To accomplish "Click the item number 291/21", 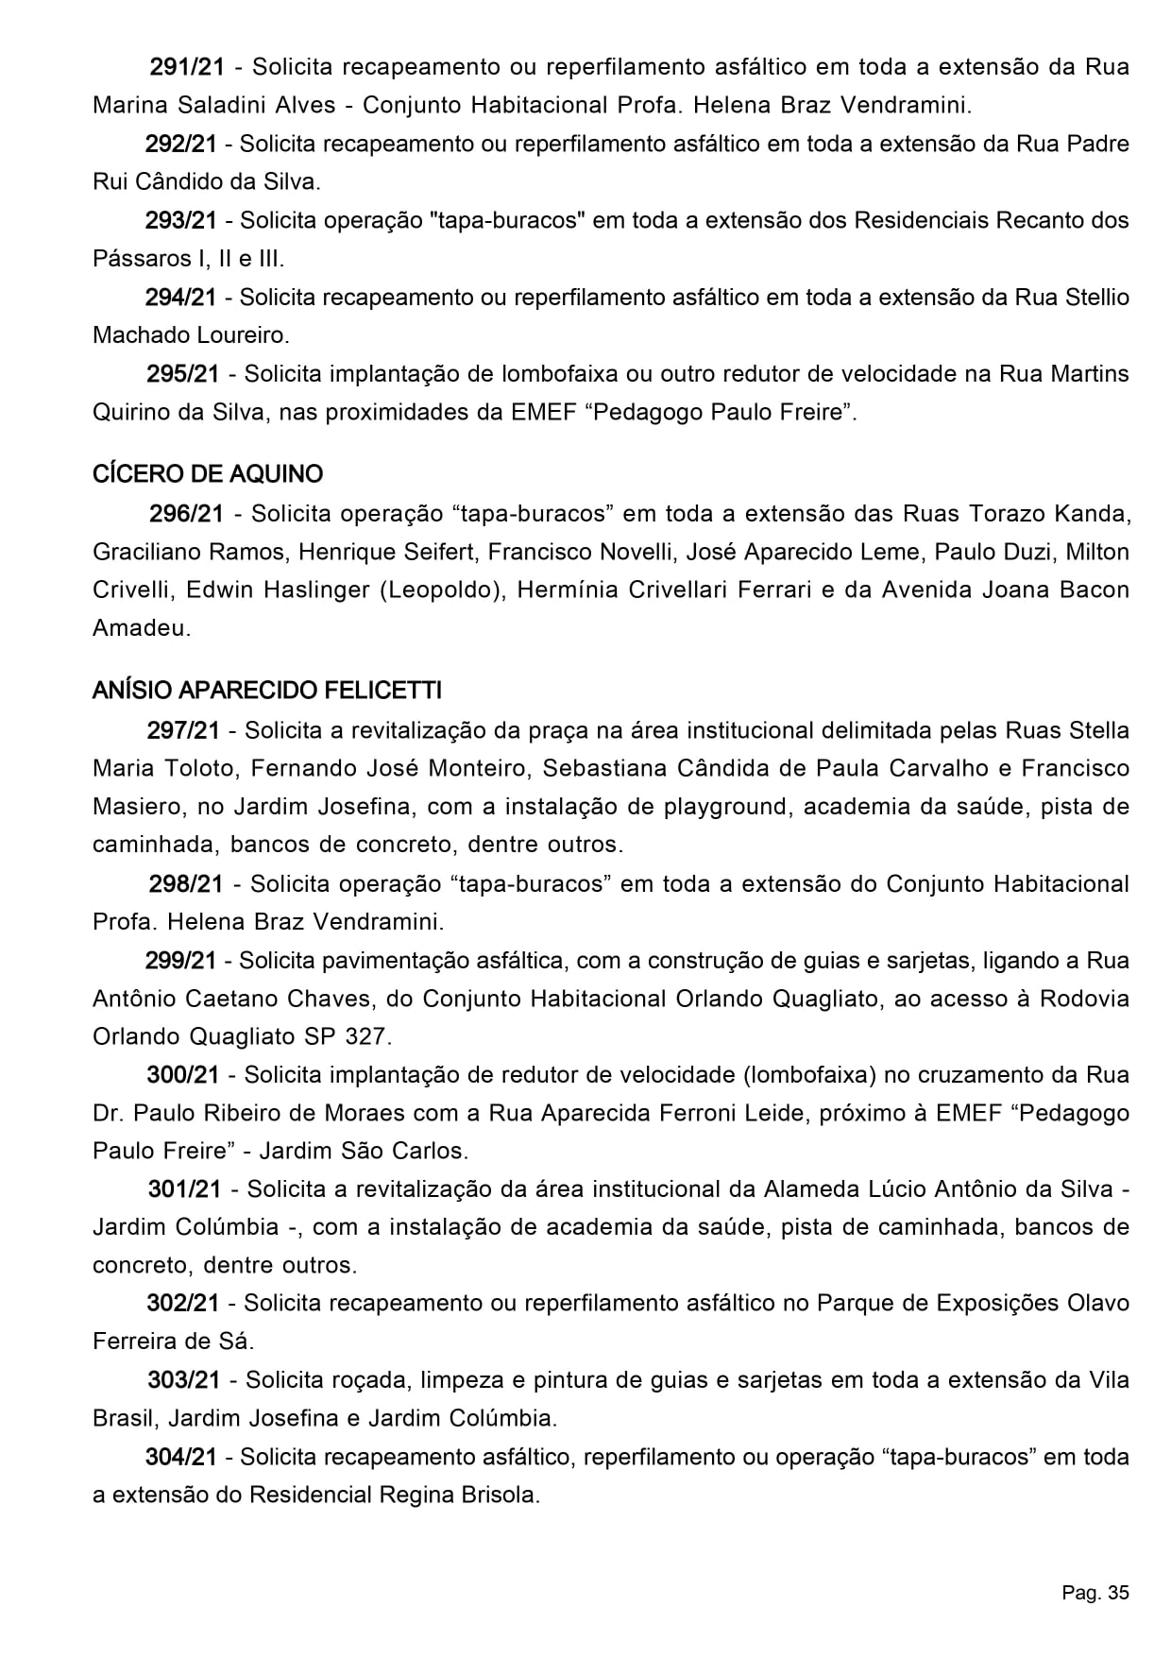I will pyautogui.click(x=187, y=67).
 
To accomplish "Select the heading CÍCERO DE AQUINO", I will pyautogui.click(x=208, y=473).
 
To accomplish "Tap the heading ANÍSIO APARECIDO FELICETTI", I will pyautogui.click(x=266, y=691).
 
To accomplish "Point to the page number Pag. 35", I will pyautogui.click(x=1095, y=1594).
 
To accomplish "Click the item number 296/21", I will pyautogui.click(x=186, y=514).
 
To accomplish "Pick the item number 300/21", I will pyautogui.click(x=183, y=1074).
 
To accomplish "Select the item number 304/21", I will pyautogui.click(x=181, y=1457).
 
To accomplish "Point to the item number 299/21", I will pyautogui.click(x=181, y=961).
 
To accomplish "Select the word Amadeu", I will pyautogui.click(x=141, y=628).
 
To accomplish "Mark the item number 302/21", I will pyautogui.click(x=183, y=1304).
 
